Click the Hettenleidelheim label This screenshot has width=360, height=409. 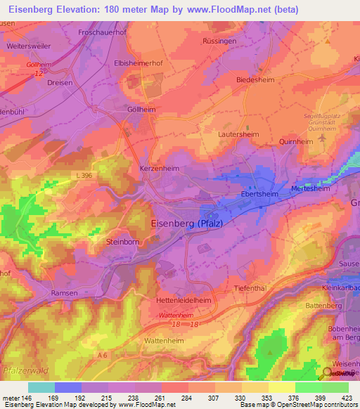182,299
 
